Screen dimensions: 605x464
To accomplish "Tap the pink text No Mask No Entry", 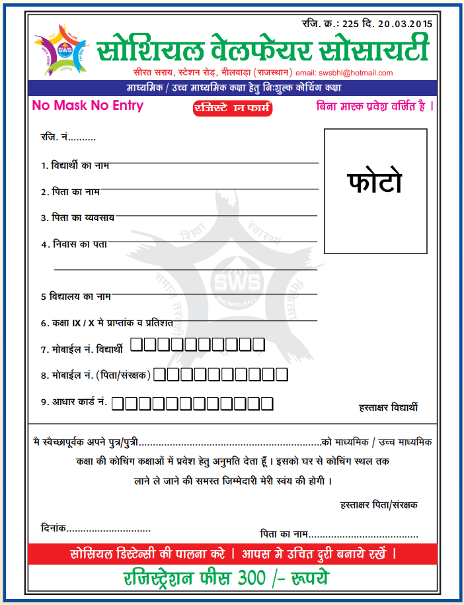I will pyautogui.click(x=88, y=106).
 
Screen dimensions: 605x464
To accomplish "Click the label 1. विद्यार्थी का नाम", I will pyautogui.click(x=75, y=165).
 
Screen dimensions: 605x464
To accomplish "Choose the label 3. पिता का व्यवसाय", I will pyautogui.click(x=77, y=217).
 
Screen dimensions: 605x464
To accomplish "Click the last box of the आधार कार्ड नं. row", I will pyautogui.click(x=267, y=402).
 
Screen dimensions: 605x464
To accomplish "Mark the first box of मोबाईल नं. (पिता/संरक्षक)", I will pyautogui.click(x=169, y=375).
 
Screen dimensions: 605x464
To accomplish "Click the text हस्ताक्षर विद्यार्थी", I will pyautogui.click(x=388, y=408).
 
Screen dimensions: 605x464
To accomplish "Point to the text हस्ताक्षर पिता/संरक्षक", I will pyautogui.click(x=379, y=504).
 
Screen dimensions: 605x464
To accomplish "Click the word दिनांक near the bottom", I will pyautogui.click(x=52, y=530).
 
